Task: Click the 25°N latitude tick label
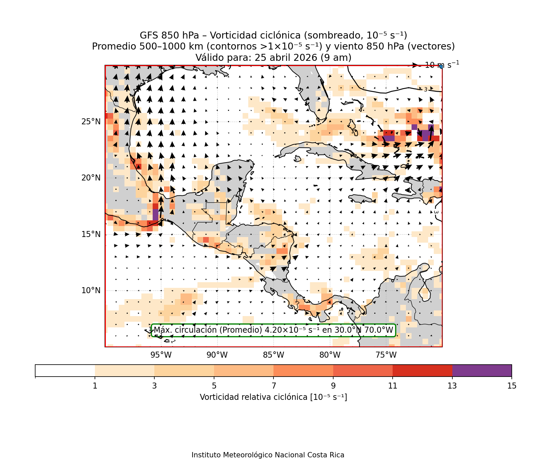(x=91, y=122)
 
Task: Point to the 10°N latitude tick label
(x=91, y=290)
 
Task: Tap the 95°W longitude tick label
(x=161, y=355)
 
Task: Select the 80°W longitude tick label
(x=330, y=355)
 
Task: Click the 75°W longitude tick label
(x=386, y=355)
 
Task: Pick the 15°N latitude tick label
(x=91, y=234)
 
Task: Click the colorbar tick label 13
(x=452, y=386)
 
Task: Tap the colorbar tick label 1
(x=95, y=386)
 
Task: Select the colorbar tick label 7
(x=273, y=386)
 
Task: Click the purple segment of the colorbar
(x=482, y=371)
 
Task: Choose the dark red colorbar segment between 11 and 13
(x=422, y=371)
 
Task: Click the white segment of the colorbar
(x=65, y=371)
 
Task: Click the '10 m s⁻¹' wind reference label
(x=442, y=65)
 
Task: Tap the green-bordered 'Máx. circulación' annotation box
(x=273, y=330)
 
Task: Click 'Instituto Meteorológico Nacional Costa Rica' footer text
(x=268, y=455)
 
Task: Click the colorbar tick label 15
(x=511, y=386)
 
